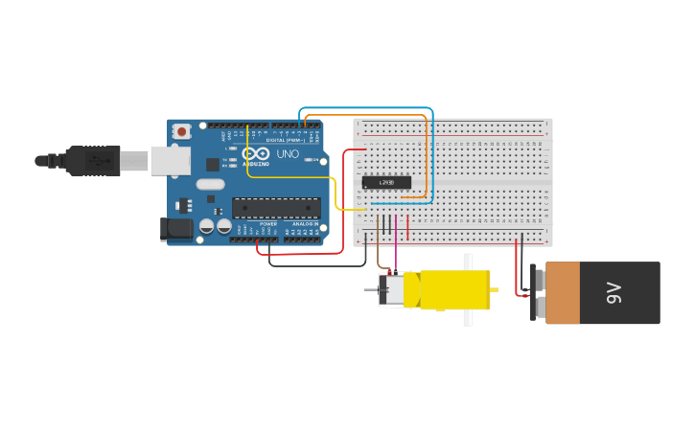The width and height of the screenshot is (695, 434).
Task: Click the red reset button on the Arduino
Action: [x=180, y=130]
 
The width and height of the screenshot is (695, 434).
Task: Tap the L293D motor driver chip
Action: [x=386, y=182]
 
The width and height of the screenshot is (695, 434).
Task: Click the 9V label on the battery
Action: [x=614, y=293]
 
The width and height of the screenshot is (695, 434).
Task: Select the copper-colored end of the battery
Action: [x=563, y=293]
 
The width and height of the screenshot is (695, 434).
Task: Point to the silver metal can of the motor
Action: [x=394, y=289]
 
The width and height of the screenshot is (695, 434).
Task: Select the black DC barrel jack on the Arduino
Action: [x=177, y=228]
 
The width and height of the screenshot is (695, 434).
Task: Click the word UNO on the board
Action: [x=288, y=153]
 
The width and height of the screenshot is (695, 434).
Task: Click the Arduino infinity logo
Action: [x=256, y=153]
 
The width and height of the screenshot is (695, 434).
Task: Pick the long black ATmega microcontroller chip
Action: [x=276, y=208]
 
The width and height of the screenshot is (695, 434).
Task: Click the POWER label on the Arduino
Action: [x=268, y=224]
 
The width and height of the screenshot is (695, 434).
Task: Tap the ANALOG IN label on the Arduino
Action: [x=305, y=224]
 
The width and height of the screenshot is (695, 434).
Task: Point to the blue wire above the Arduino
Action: [x=364, y=108]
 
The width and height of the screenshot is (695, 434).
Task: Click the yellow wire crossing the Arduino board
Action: [x=288, y=176]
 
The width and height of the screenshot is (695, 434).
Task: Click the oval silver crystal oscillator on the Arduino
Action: [x=211, y=184]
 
